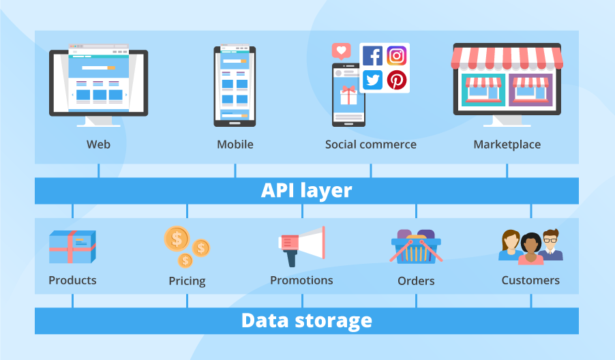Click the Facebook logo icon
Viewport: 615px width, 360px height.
point(372,56)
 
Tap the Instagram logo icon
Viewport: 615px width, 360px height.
point(396,56)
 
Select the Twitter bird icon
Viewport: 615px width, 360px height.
point(372,80)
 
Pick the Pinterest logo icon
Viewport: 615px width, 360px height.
point(396,80)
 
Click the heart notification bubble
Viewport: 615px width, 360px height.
point(341,51)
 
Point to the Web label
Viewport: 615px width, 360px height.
point(98,145)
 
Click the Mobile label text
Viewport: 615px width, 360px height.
point(235,145)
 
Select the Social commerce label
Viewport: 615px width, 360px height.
point(370,145)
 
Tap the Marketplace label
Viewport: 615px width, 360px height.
point(507,145)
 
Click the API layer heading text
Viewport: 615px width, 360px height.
point(306,190)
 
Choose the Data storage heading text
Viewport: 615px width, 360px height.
point(306,320)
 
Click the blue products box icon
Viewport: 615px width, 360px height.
point(72,247)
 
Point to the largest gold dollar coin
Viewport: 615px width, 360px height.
point(177,239)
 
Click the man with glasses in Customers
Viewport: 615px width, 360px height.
point(550,245)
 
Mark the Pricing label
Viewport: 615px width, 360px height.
point(187,281)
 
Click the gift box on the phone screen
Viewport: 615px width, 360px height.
point(349,95)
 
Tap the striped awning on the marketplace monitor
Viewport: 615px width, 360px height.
point(507,57)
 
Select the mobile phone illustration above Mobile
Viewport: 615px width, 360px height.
point(235,87)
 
